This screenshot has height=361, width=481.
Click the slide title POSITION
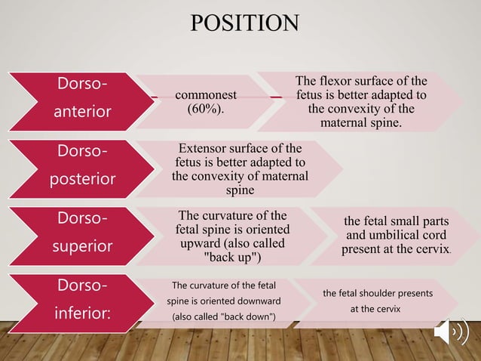pyautogui.click(x=244, y=22)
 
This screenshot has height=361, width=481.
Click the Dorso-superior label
pyautogui.click(x=82, y=231)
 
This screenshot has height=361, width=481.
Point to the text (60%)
pyautogui.click(x=206, y=109)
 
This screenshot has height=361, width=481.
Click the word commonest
pyautogui.click(x=206, y=94)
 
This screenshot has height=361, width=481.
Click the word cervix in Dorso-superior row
pyautogui.click(x=434, y=248)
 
